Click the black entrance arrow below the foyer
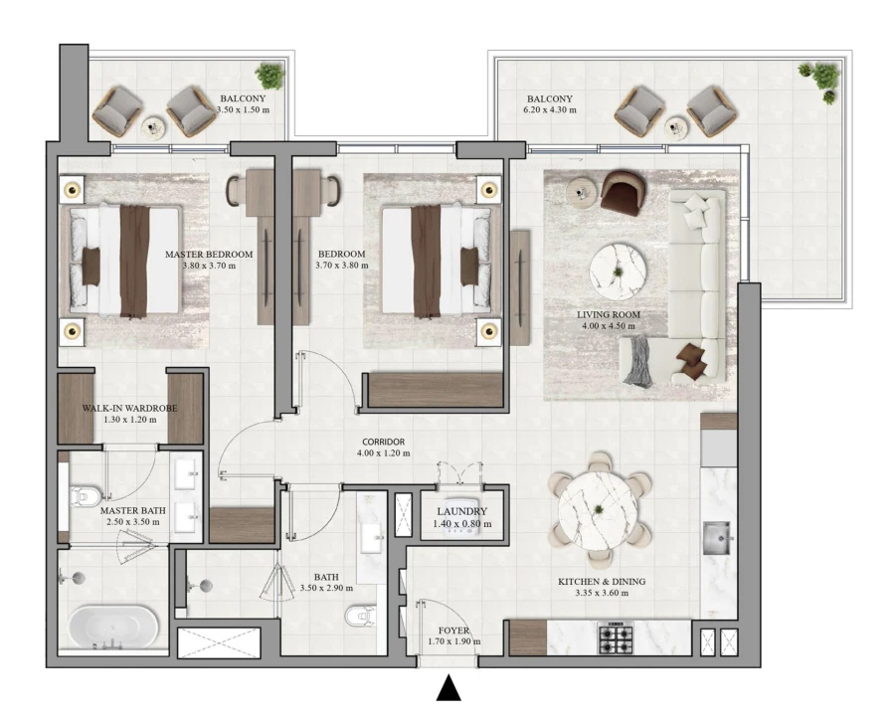pos(448,688)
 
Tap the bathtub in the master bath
pos(112,629)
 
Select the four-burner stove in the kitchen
pos(617,636)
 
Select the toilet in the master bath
pos(86,494)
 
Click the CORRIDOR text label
pos(383,444)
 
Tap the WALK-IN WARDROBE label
pos(130,408)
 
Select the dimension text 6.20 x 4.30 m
pos(550,110)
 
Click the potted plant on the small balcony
pos(268,75)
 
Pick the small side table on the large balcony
pos(677,126)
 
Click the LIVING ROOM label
pos(609,315)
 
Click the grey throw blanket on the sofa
pos(637,360)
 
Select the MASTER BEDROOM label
pos(209,255)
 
